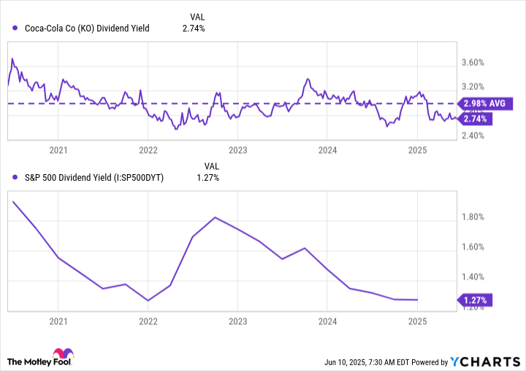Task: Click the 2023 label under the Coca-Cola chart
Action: coord(237,150)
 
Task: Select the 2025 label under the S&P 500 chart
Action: coord(417,321)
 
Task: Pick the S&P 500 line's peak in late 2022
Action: coord(214,217)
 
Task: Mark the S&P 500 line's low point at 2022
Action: coord(148,300)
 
